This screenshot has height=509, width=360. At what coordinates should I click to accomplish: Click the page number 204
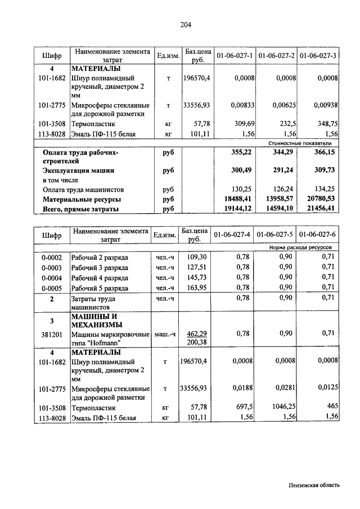pyautogui.click(x=186, y=24)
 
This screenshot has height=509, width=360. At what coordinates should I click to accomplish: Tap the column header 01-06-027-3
pyautogui.click(x=318, y=56)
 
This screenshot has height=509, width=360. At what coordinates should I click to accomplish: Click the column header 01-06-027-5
pyautogui.click(x=276, y=234)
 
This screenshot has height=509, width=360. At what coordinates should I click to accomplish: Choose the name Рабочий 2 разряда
pyautogui.click(x=99, y=256)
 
